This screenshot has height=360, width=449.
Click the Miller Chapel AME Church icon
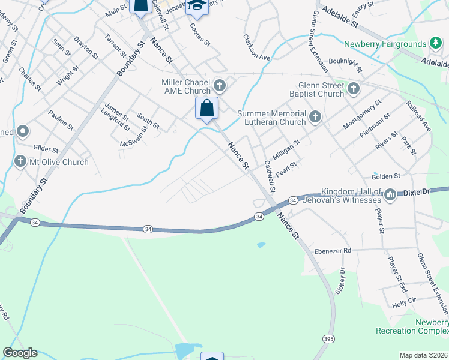pos(220,86)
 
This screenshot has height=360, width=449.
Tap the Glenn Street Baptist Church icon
pos(353,89)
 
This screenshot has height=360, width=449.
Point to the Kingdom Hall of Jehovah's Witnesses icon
pos(390,194)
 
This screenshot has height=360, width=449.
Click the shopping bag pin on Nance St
pos(206,109)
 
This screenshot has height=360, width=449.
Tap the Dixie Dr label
pos(417,193)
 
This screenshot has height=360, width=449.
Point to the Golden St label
pos(385,176)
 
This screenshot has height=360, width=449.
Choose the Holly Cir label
pos(404,304)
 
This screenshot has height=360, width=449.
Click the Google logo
pos(20,353)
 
